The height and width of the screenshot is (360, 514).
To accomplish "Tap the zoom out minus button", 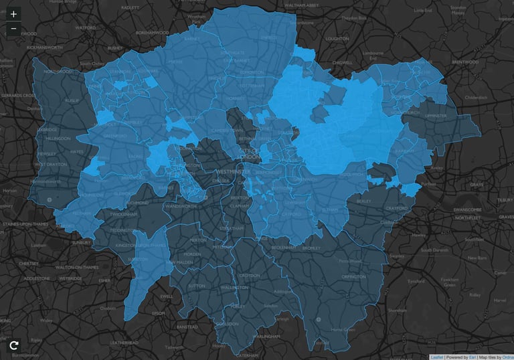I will click(x=13, y=29).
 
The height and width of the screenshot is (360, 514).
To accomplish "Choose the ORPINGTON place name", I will click(x=353, y=276).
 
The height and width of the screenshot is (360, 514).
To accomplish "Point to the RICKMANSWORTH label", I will click(x=47, y=48).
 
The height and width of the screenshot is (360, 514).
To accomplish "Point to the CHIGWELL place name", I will click(x=341, y=63).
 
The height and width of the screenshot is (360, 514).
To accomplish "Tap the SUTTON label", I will click(x=197, y=285).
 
